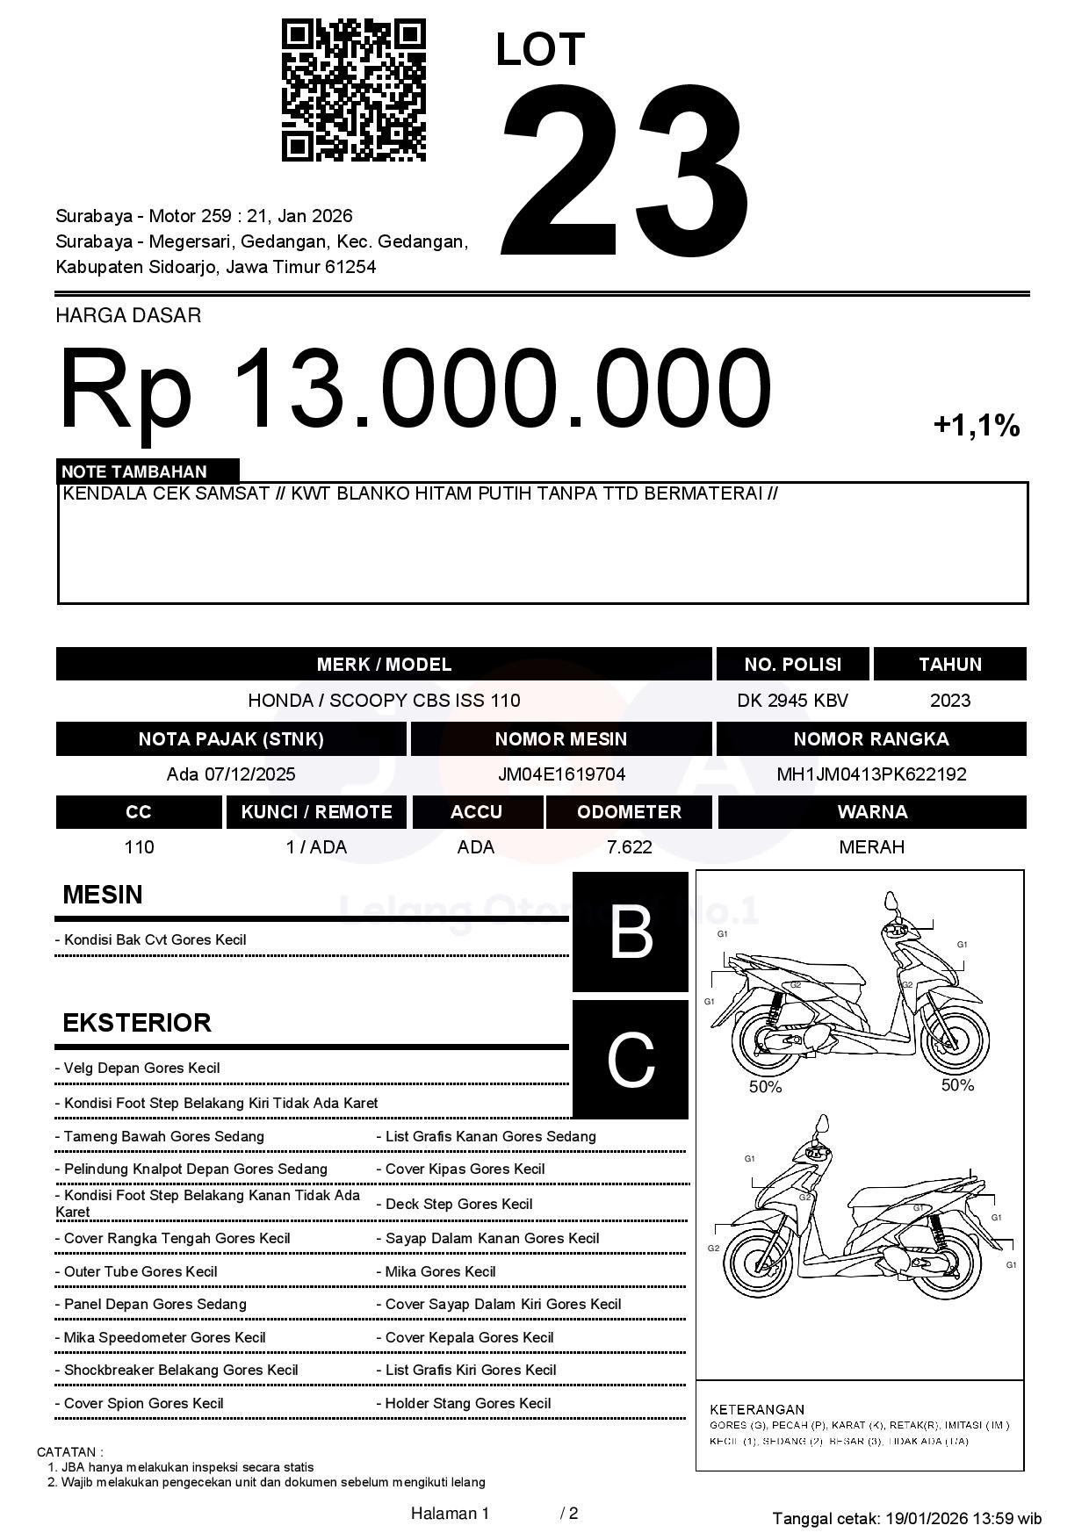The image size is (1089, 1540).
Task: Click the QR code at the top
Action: tap(353, 90)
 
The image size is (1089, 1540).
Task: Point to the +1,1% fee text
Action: tap(976, 427)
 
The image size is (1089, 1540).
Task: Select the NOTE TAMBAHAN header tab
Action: tap(148, 471)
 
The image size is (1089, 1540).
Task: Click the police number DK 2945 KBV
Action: tap(792, 701)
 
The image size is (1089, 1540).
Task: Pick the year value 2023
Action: tap(949, 701)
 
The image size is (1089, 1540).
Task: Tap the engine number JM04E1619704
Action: tap(561, 774)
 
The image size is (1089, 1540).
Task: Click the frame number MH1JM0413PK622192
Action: tap(871, 774)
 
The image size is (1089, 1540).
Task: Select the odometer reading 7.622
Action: tap(629, 847)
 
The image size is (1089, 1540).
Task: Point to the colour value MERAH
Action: tap(871, 847)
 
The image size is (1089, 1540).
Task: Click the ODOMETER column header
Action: tap(629, 812)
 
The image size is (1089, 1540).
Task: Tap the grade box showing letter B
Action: tap(630, 932)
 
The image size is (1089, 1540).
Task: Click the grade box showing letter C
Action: tap(630, 1060)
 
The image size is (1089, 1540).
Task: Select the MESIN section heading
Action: tap(102, 895)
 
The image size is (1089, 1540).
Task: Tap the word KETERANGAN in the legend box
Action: tap(756, 1409)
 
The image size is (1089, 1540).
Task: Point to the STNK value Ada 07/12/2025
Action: tap(231, 774)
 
